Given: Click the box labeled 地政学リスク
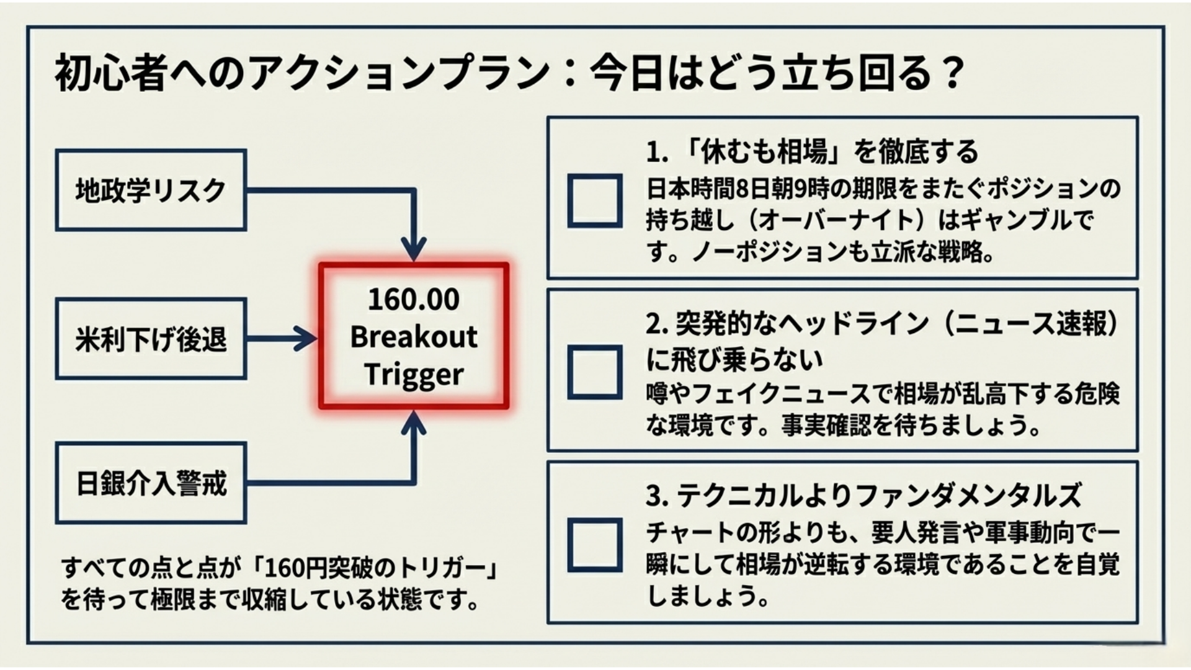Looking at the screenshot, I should pos(151,190).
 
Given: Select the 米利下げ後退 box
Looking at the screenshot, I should pos(151,339).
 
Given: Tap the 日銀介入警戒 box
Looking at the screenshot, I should pos(151,483).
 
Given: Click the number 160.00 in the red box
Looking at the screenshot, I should pos(414,299).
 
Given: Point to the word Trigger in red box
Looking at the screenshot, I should pos(414,375).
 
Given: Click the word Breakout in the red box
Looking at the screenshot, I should pos(414,337).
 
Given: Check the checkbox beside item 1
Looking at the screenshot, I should pos(595,200).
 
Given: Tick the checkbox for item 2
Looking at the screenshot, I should pos(595,372).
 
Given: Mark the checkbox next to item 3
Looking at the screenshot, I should pos(595,544).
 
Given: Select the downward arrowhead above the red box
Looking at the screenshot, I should pos(414,249).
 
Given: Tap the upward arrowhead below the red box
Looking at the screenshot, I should pos(414,423).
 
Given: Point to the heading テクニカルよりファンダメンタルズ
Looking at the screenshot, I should pos(878,495).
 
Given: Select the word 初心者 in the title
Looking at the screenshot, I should pos(112,73).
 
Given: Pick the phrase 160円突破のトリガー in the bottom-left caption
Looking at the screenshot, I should pos(375,567).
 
